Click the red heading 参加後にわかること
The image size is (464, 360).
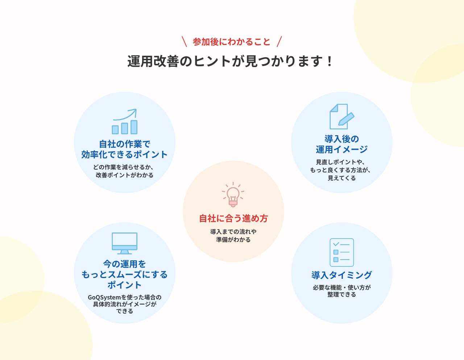pos(232,42)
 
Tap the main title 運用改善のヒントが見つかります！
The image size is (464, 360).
pos(230,61)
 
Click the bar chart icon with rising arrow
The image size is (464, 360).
pos(125,121)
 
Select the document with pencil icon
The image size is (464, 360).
pos(342,117)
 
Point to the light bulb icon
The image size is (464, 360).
pos(233,195)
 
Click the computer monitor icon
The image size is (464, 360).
pos(125,243)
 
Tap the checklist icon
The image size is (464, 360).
pos(342,252)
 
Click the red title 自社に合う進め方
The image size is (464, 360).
pos(233,219)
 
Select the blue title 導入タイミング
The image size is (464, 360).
pos(342,275)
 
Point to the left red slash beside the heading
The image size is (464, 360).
pos(184,41)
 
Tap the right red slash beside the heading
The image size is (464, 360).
pos(279,41)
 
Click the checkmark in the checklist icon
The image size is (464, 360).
pos(336,244)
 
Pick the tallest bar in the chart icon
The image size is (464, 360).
pos(134,127)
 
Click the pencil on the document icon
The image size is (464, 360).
pos(346,119)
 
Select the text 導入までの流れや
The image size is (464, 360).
pos(233,231)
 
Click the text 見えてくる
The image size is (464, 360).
pos(342,178)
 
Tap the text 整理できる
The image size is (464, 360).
pos(342,294)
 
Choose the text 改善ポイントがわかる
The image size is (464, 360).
pos(124,175)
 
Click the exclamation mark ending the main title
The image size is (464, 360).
pos(330,61)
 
